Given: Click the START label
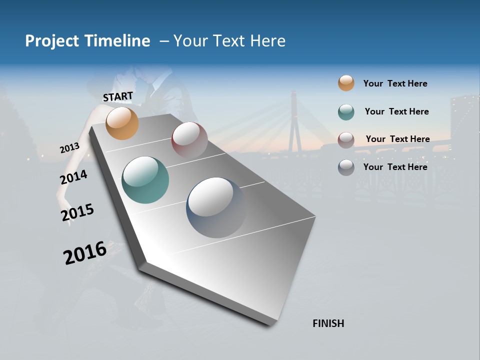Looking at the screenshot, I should click(118, 96).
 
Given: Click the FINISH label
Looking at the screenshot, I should click(328, 323).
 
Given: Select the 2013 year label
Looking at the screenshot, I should click(69, 148).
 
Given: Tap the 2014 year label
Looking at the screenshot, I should click(73, 177).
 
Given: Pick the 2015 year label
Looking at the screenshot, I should click(77, 212).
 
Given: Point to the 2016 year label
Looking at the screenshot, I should click(85, 252).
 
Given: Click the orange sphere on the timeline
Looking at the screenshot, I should click(122, 123).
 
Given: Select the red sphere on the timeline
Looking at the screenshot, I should click(189, 139).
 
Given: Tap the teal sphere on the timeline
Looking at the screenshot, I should click(145, 180).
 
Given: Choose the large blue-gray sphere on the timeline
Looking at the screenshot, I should click(216, 207).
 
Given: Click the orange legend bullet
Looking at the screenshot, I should click(346, 83).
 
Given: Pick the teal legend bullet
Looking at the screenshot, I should click(346, 112).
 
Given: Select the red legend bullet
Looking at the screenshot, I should click(346, 139).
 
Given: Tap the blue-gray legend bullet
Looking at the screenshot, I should click(346, 167).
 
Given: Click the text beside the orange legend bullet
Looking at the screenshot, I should click(395, 83).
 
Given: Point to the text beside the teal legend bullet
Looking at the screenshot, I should click(396, 111).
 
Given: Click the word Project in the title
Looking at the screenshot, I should click(52, 41).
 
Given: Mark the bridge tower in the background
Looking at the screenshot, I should click(294, 122).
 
